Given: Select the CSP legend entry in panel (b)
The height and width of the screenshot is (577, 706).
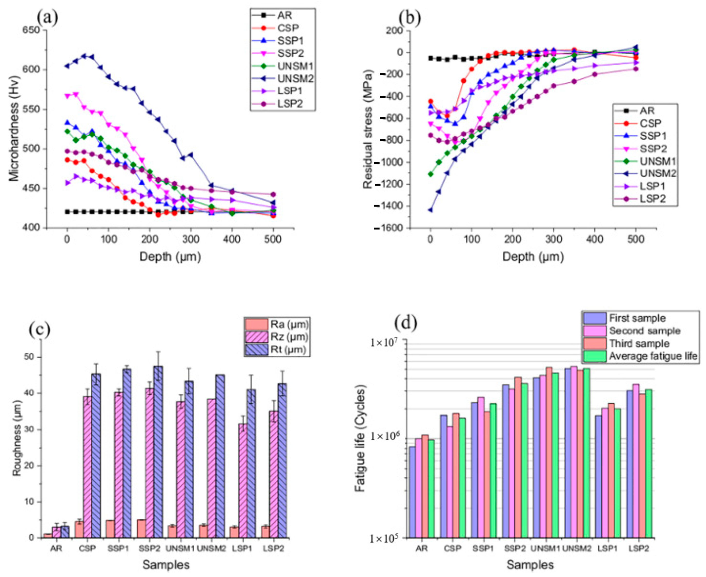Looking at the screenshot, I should pos(650,123).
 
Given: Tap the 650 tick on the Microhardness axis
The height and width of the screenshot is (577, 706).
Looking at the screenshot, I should pos(31,30).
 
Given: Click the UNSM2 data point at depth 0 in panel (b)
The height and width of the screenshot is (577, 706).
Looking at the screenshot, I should pos(430,210).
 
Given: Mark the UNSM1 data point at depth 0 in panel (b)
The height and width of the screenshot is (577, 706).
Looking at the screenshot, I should pos(431,174).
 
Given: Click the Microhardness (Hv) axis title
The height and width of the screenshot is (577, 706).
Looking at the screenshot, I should pos(14,129).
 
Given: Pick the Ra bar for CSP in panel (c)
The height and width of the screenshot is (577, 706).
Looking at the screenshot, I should pos(79,529).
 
